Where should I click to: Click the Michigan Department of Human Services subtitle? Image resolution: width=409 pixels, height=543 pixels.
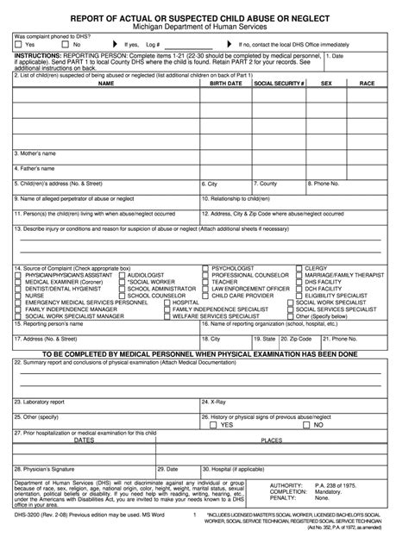[x=204, y=28]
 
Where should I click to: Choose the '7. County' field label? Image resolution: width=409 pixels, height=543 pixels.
[x=264, y=184]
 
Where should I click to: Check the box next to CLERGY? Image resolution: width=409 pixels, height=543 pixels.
[x=298, y=269]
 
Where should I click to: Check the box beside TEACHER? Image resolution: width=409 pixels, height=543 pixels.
[x=205, y=282]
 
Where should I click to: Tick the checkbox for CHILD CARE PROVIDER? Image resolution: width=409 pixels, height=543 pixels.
[x=205, y=296]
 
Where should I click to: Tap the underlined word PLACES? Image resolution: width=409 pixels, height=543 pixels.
[x=272, y=440]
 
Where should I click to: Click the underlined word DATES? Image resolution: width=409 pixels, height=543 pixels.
[x=84, y=440]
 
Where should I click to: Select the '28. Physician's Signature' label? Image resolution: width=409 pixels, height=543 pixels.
[x=47, y=469]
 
